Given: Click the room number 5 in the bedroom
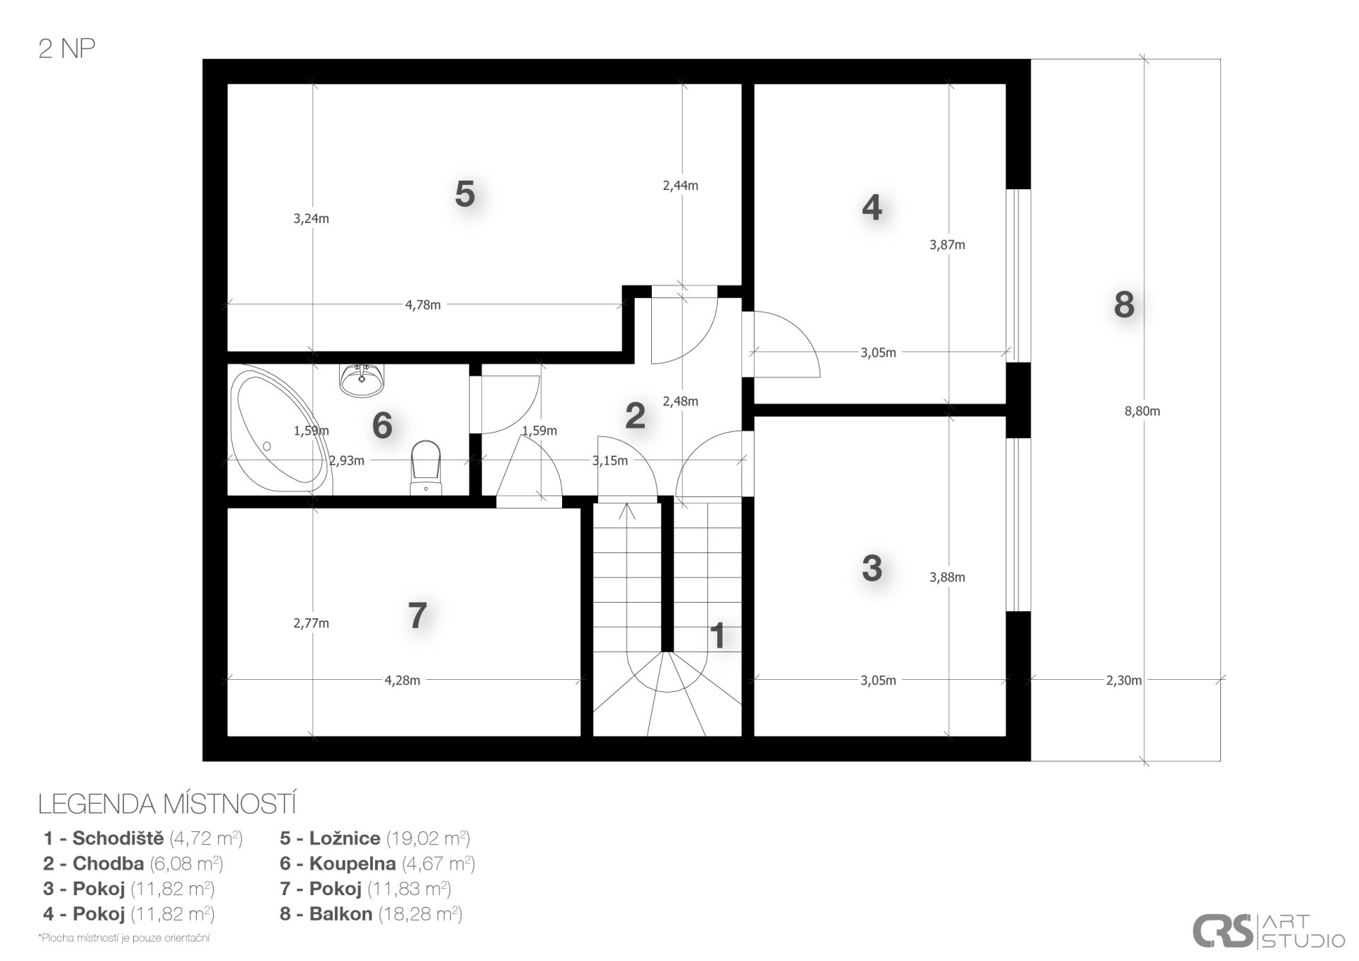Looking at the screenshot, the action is (464, 193).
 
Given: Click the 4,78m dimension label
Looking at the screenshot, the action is (423, 305).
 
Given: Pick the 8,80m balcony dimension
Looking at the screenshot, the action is (1142, 411).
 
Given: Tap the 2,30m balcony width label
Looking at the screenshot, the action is (1123, 681).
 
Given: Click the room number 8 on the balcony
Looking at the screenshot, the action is (1124, 305).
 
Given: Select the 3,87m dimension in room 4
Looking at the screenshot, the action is (947, 245).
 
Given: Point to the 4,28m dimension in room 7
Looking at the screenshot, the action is (402, 681).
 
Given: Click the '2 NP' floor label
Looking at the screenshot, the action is (67, 48).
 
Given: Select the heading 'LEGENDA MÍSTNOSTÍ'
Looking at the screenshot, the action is (167, 804).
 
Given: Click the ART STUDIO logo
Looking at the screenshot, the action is (1268, 931).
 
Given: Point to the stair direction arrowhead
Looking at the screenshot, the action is (627, 510).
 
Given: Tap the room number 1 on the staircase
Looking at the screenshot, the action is (718, 636).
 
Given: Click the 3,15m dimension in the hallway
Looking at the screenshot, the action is (609, 460).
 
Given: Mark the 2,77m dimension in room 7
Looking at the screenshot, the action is (311, 623).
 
